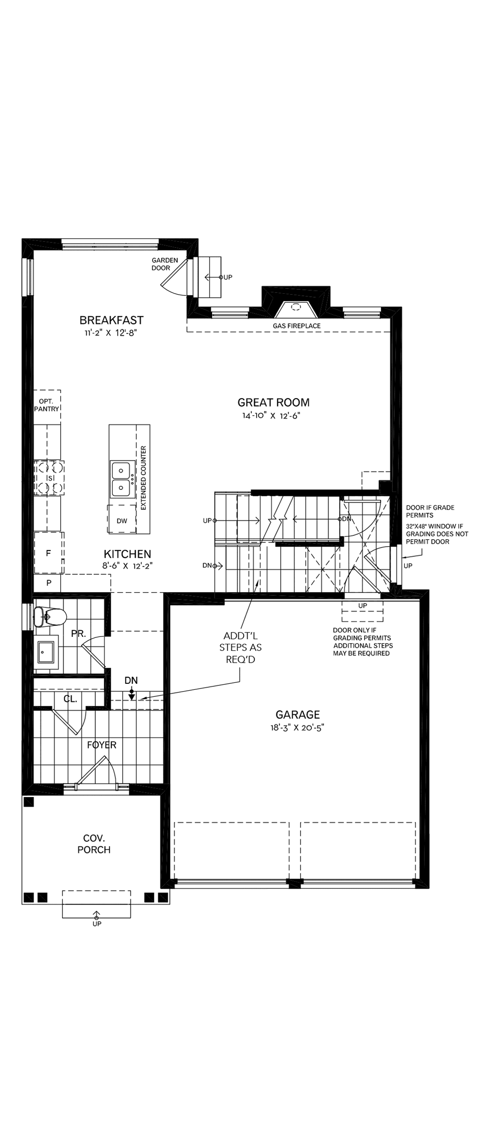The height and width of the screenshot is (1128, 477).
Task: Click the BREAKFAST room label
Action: pyautogui.click(x=111, y=320)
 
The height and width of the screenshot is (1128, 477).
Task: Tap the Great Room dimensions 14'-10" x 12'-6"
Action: pyautogui.click(x=271, y=416)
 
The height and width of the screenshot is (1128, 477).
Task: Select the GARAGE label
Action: pyautogui.click(x=297, y=715)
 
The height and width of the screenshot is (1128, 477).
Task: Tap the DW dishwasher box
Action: pyautogui.click(x=122, y=521)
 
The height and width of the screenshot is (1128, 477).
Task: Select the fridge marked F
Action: pyautogui.click(x=49, y=553)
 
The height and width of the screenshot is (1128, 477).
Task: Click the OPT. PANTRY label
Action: pyautogui.click(x=46, y=405)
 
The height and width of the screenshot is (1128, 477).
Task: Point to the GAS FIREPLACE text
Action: pyautogui.click(x=296, y=326)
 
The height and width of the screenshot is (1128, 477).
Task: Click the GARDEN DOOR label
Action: pyautogui.click(x=164, y=264)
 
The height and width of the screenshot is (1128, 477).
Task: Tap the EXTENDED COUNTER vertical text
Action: pyautogui.click(x=144, y=478)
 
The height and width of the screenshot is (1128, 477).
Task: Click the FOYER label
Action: pyautogui.click(x=101, y=745)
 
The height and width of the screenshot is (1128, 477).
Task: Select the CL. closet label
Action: pyautogui.click(x=70, y=699)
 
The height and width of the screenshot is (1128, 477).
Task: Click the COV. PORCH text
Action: pyautogui.click(x=94, y=844)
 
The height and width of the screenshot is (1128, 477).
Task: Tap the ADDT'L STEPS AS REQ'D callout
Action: pyautogui.click(x=240, y=647)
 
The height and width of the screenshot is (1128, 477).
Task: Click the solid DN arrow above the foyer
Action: pyautogui.click(x=131, y=695)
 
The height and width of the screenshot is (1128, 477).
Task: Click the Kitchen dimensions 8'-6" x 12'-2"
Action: pyautogui.click(x=127, y=566)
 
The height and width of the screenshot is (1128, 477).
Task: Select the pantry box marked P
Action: pyautogui.click(x=49, y=583)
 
